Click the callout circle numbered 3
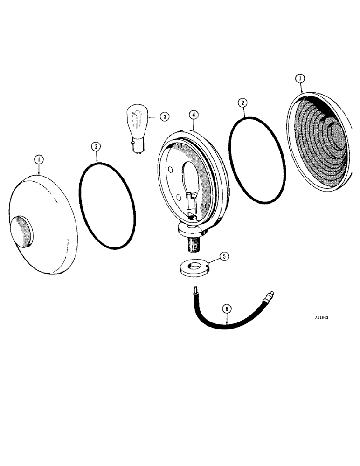(164, 116)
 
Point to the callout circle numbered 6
(227, 308)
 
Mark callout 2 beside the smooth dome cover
(95, 146)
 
